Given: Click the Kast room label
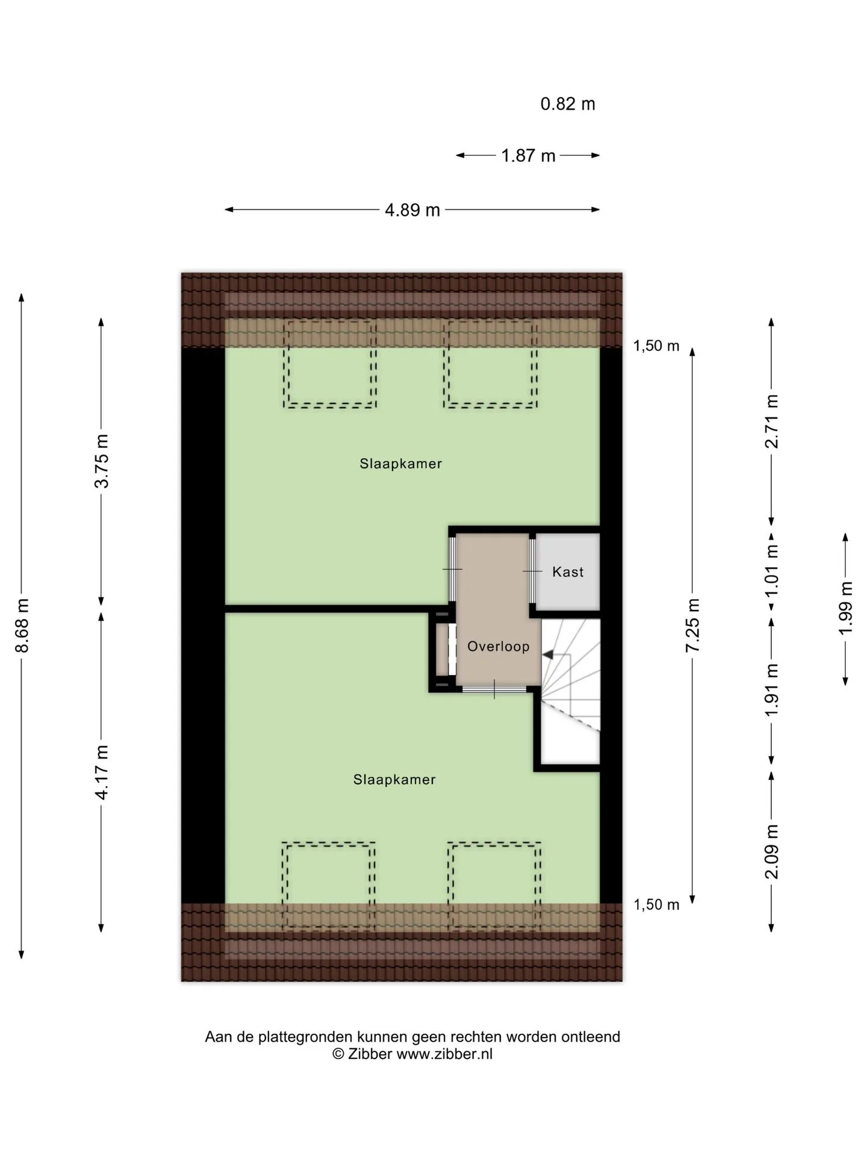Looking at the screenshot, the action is [568, 571].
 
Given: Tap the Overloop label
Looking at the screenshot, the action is [499, 646].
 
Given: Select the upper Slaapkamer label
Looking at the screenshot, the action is [401, 464].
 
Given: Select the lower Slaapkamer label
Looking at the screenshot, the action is [394, 780].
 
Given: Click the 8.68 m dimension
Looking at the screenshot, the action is [22, 626].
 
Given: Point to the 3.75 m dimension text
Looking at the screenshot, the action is [102, 461].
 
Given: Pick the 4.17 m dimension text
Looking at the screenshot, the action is [102, 772].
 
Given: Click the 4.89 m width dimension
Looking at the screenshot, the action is [412, 210].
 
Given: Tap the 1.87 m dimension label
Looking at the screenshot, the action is [528, 156].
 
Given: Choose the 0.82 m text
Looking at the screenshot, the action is [568, 104].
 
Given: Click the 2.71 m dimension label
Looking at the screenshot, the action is [771, 421].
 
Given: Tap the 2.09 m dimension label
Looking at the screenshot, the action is [771, 851].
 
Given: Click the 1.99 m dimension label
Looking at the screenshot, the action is [846, 608].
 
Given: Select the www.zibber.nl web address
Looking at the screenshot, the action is [444, 1054].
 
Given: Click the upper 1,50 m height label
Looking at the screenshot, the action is [656, 346].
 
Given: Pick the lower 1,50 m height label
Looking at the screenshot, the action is [656, 904].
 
